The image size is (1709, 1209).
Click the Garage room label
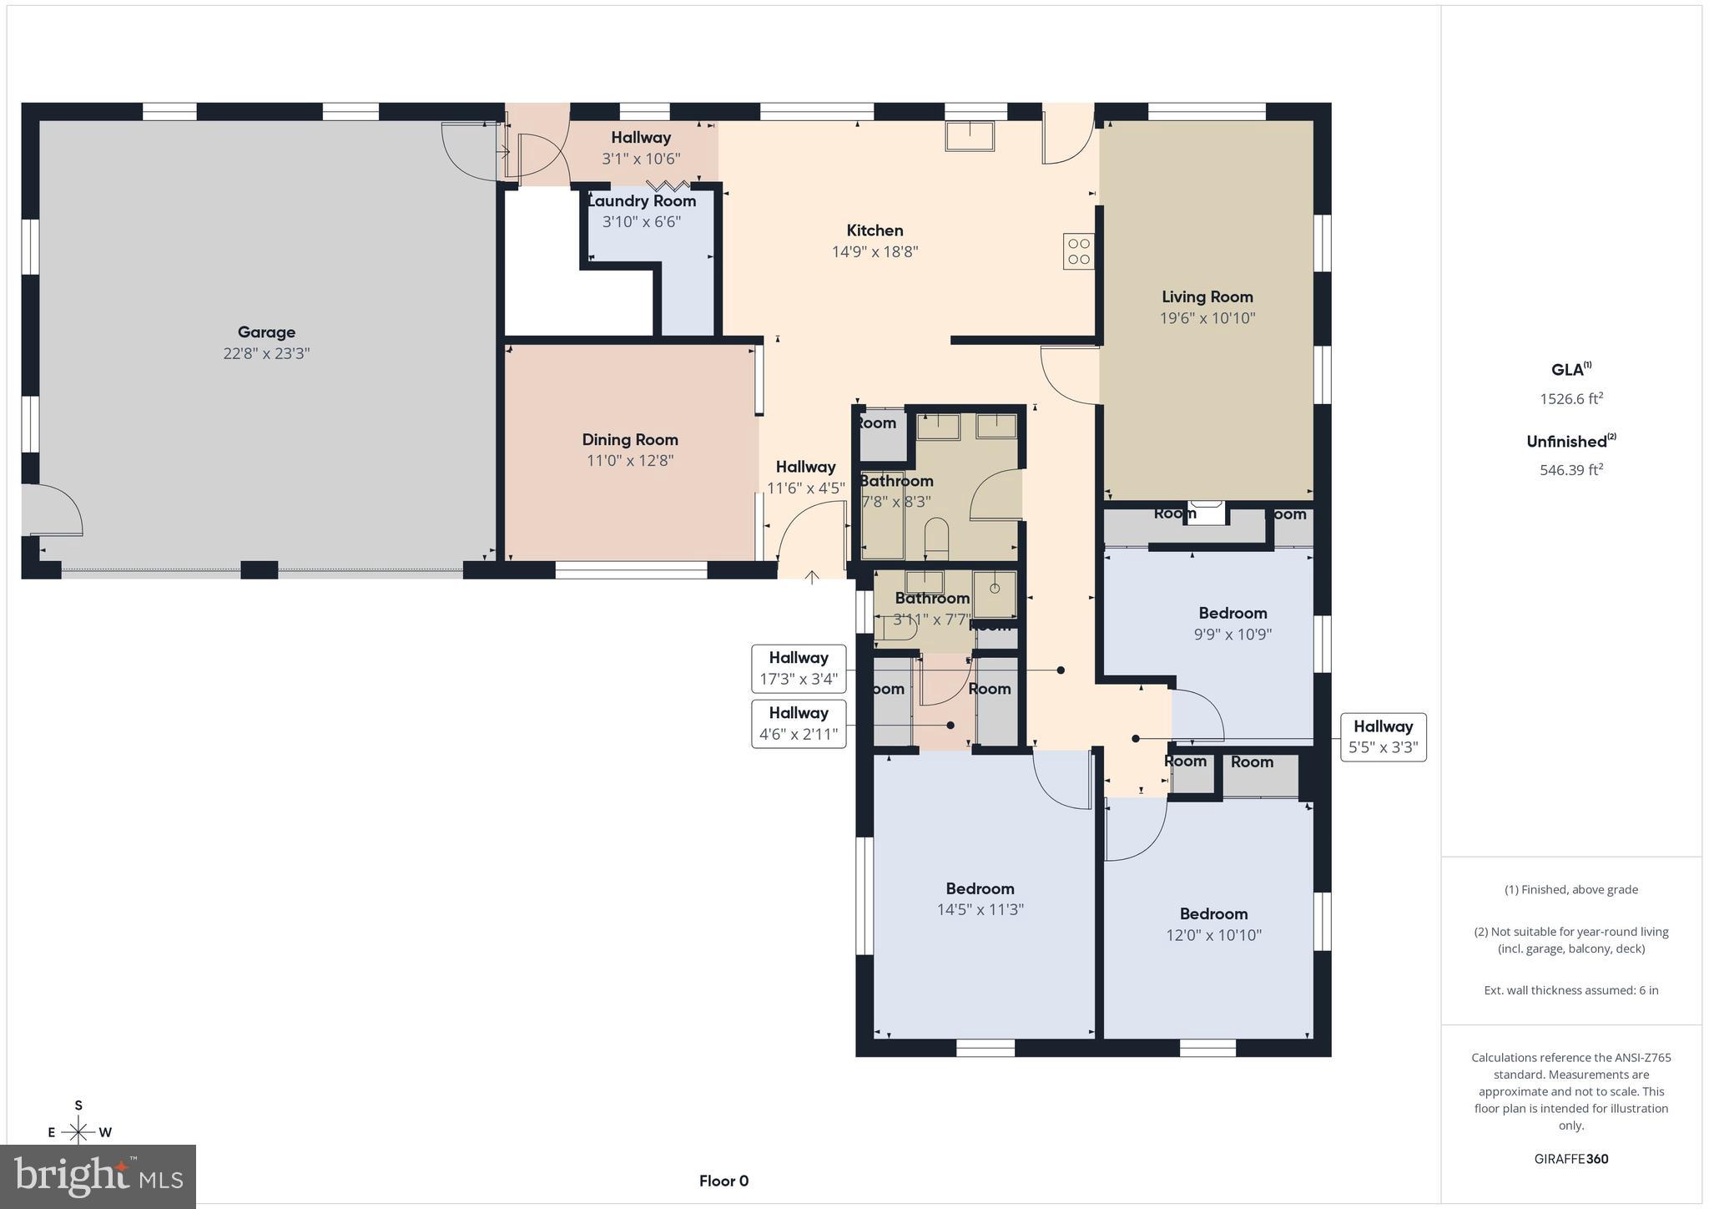pos(266,332)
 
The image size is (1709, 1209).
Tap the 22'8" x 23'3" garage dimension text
pos(266,353)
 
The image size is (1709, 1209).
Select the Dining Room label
pos(629,440)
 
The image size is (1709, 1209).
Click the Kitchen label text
pos(875,230)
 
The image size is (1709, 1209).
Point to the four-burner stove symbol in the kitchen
pos(1078,251)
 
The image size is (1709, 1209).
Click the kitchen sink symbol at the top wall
pos(970,136)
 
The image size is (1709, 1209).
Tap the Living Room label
pos(1207,296)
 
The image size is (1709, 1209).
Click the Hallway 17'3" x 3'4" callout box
pos(799,669)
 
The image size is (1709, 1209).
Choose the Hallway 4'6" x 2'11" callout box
pos(799,724)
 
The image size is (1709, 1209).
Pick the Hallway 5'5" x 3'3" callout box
pos(1383,737)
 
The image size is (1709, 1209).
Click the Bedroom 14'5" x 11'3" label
pos(980,888)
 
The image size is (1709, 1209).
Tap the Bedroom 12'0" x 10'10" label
pos(1213,913)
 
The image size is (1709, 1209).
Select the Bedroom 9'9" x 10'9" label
pos(1233,613)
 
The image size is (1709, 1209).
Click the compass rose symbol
pos(78,1131)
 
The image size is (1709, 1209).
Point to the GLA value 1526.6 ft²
pos(1571,398)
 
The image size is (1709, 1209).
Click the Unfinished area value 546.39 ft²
pos(1571,470)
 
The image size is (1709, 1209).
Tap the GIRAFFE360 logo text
pos(1570,1159)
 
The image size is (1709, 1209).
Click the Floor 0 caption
pos(723,1181)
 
